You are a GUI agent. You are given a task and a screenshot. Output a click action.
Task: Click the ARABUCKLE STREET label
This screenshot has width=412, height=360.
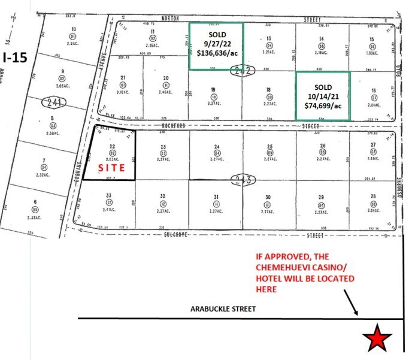pos(223,309)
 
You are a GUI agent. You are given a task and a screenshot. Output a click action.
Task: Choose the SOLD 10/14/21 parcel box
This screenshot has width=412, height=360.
pos(322,96)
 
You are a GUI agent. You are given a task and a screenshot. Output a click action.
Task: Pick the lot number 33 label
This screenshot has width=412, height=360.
pos(109,196)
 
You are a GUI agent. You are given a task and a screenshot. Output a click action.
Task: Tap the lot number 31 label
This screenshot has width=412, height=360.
pos(216,196)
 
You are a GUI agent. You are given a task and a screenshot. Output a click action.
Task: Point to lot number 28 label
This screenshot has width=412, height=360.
pos(373,196)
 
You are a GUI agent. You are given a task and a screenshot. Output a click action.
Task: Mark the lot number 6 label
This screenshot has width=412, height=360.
pos(36,202)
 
